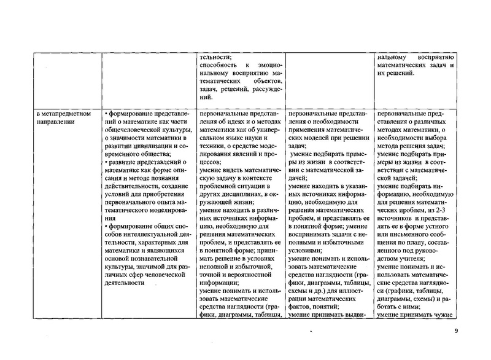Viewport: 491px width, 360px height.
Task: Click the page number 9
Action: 456,332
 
